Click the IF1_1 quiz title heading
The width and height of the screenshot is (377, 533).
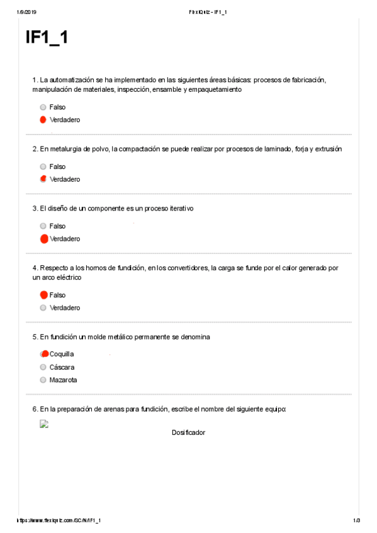tap(47, 38)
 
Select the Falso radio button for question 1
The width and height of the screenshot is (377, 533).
tap(43, 107)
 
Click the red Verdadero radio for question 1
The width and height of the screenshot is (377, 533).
tap(43, 119)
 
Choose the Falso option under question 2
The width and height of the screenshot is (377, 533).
tap(43, 167)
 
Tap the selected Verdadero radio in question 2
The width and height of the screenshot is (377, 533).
tap(43, 179)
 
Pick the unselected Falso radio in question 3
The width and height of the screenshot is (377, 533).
tap(43, 226)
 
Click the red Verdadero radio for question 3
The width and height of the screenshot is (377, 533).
tap(43, 239)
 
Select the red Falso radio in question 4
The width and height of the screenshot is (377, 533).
tap(43, 295)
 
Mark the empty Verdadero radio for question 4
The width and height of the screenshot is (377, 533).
tap(43, 308)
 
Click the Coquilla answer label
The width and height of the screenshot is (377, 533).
tap(62, 354)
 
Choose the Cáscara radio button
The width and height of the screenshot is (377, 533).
tap(43, 367)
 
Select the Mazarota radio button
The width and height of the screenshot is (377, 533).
tap(43, 380)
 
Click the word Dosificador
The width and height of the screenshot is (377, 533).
tap(188, 432)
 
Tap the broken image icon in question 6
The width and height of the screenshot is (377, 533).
tap(44, 424)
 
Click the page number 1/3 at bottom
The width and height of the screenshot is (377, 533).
tap(356, 520)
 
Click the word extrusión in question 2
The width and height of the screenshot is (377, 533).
tap(327, 149)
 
